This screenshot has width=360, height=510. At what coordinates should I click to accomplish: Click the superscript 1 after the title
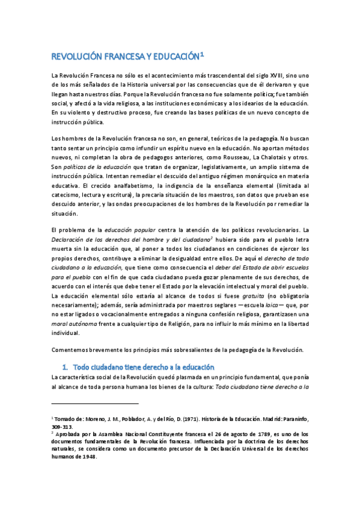coord(203,54)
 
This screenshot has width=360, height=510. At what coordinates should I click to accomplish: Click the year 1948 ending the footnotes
coord(88,455)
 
